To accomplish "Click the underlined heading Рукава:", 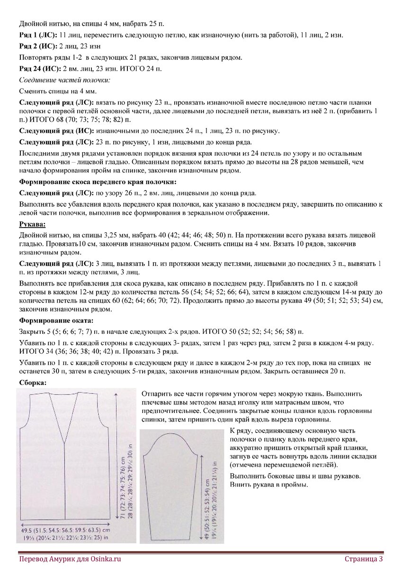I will coord(32,224).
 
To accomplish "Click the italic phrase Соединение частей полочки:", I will coord(58,80).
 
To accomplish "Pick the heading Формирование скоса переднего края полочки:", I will coord(98,182).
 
